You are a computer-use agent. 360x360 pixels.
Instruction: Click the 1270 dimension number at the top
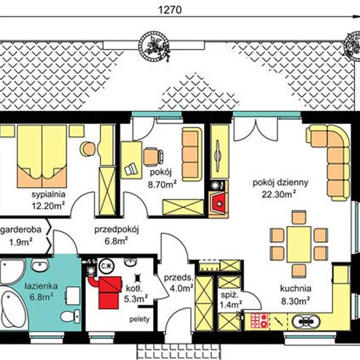click(170, 10)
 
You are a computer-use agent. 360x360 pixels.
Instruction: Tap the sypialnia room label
click(49, 194)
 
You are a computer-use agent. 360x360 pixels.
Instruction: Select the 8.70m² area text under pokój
click(162, 184)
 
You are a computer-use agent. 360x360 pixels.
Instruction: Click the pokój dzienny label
click(280, 183)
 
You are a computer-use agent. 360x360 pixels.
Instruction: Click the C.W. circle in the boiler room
click(106, 266)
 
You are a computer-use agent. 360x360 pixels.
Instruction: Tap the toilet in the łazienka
click(70, 316)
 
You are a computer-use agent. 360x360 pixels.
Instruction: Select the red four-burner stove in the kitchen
click(259, 320)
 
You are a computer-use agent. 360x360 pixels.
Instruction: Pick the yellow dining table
click(299, 244)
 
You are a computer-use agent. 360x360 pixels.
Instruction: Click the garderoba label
click(21, 230)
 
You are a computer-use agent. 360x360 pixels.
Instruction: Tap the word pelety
click(140, 319)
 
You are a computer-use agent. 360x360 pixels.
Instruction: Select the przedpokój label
click(116, 230)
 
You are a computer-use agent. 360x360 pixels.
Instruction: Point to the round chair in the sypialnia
click(88, 149)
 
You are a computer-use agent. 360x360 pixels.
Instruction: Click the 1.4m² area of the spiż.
click(230, 304)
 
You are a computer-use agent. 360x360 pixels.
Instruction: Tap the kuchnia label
click(295, 289)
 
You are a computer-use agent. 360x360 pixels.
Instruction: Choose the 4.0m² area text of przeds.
click(181, 288)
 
